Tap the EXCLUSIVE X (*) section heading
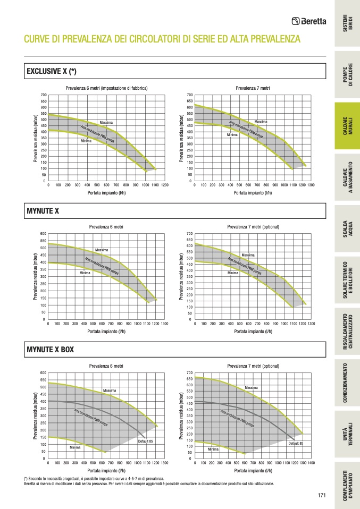point(52,71)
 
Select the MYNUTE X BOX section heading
point(50,350)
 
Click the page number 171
point(321,496)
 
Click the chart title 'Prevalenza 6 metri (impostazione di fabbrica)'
point(106,88)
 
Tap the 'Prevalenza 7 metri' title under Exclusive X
point(253,88)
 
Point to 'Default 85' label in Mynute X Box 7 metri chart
point(296,443)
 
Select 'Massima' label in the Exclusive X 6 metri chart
point(106,123)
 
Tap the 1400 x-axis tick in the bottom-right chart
point(311,463)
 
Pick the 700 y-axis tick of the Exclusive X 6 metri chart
point(43,95)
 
